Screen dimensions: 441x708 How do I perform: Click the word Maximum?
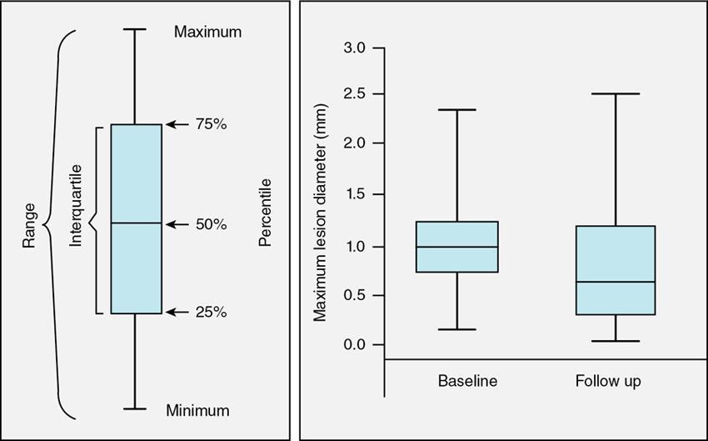click(207, 33)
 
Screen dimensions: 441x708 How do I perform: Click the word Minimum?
click(197, 410)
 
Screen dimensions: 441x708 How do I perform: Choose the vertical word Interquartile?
click(76, 218)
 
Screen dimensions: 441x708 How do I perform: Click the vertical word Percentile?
click(265, 218)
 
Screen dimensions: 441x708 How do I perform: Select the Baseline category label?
click(467, 382)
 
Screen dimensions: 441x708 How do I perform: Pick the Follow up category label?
click(608, 382)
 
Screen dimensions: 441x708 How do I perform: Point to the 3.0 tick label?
click(355, 48)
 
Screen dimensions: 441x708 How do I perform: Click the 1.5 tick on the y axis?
click(355, 194)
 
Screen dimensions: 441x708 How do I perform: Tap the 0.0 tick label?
click(355, 344)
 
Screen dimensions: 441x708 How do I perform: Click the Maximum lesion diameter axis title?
click(320, 213)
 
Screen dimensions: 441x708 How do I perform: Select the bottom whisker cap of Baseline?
click(456, 329)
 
